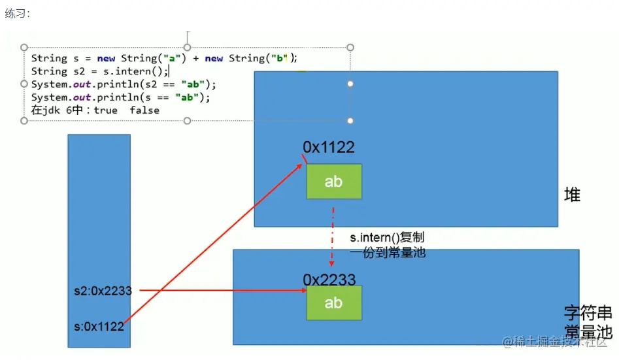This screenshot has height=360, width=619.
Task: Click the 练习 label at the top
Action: point(17,13)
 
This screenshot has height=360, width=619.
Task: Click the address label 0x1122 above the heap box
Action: point(328,147)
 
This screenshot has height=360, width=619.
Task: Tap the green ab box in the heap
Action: point(333,181)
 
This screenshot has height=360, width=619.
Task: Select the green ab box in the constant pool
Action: point(333,303)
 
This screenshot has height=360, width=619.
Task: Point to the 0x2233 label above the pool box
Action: point(329,280)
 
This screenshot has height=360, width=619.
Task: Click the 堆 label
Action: point(572,195)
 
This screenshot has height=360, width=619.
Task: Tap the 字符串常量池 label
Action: point(586,320)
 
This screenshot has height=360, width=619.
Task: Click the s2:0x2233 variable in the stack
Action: point(103,291)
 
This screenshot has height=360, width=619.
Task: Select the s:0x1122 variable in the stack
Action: point(99,327)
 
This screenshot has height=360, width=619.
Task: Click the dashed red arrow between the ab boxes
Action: point(333,235)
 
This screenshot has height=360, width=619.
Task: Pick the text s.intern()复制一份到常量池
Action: point(388,244)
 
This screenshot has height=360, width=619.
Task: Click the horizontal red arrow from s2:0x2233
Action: point(222,289)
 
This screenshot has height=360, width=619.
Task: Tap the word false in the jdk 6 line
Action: point(144,110)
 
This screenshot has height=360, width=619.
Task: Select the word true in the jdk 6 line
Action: point(106,110)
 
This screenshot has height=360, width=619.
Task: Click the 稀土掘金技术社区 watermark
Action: point(555,342)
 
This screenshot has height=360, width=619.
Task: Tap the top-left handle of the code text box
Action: point(24,47)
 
